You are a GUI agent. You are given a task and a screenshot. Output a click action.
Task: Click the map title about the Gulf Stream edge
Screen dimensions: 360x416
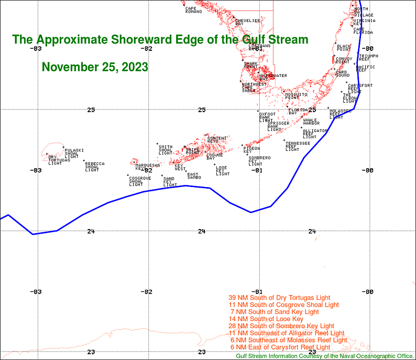[160, 40]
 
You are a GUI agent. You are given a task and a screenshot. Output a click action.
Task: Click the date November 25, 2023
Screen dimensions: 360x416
[95, 67]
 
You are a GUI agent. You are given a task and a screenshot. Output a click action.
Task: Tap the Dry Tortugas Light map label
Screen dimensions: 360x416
[55, 160]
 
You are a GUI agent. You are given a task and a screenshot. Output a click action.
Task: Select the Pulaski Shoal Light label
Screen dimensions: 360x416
[74, 153]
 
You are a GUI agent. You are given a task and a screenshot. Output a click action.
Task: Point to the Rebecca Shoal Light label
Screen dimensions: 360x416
[94, 167]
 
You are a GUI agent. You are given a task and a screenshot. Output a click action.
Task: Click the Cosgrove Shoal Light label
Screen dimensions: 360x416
[140, 181]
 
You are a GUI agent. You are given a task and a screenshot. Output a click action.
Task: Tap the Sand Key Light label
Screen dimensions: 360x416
[170, 182]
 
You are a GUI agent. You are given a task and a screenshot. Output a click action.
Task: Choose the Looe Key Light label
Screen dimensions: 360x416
[223, 170]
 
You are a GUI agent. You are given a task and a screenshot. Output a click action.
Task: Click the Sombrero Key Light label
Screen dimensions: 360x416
[259, 161]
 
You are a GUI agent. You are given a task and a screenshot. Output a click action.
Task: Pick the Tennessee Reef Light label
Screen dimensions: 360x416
[297, 146]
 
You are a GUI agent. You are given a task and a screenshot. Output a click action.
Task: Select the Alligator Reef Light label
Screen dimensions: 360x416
[314, 134]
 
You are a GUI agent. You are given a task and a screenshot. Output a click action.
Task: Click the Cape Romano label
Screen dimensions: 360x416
[193, 10]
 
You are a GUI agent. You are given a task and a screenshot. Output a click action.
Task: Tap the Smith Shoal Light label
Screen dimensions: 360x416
[166, 150]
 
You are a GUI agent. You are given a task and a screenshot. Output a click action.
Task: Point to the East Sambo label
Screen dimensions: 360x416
[194, 176]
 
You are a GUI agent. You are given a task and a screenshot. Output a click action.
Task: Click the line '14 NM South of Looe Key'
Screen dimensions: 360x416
[266, 319]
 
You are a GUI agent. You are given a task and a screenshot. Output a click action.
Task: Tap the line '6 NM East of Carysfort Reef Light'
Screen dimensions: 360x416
[280, 347]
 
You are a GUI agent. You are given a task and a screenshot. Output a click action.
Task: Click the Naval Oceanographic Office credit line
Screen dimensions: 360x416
[325, 356]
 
